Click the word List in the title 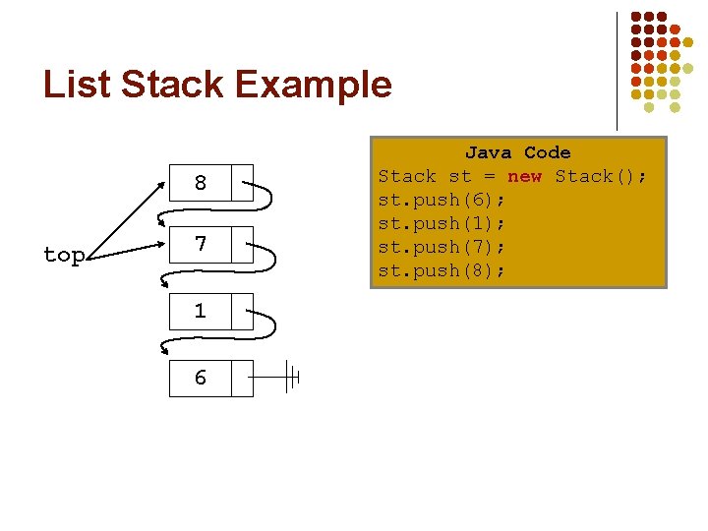[77, 85]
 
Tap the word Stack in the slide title [176, 85]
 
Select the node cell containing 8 [201, 183]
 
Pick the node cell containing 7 [201, 244]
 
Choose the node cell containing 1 [201, 311]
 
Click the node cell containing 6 [201, 378]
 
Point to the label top [64, 255]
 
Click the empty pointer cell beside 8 [242, 183]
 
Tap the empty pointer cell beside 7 [242, 244]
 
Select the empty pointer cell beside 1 [242, 311]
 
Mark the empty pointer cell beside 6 [242, 378]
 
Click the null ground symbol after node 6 [290, 377]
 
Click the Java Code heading [517, 152]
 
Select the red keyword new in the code [524, 176]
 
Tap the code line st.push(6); [442, 200]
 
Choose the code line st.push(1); [442, 223]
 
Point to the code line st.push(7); [442, 247]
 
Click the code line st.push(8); [442, 270]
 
